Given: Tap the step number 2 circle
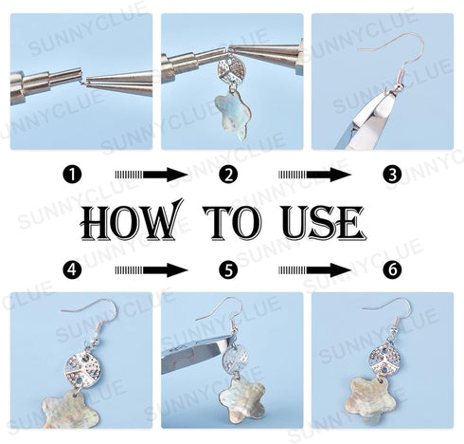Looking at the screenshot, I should point(227,175).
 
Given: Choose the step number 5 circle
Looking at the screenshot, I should point(227,269).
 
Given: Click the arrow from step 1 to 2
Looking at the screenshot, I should point(151,175).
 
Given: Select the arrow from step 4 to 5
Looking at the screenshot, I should point(151,269).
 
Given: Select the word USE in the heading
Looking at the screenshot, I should point(323,223).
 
